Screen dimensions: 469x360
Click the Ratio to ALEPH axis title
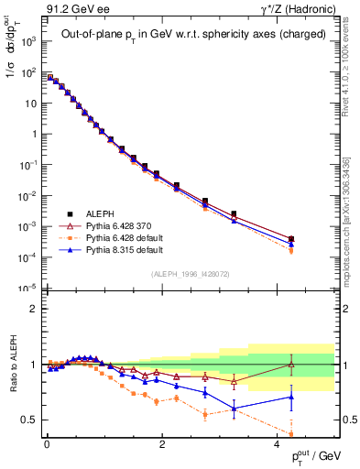(13, 363)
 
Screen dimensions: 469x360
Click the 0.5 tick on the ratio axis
(27, 420)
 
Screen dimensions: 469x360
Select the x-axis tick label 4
(277, 445)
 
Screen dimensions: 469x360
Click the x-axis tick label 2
(161, 445)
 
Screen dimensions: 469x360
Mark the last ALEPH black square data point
(291, 239)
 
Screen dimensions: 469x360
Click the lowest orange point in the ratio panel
(291, 434)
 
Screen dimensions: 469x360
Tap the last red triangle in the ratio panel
(291, 365)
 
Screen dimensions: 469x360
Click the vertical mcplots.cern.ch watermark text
(352, 183)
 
